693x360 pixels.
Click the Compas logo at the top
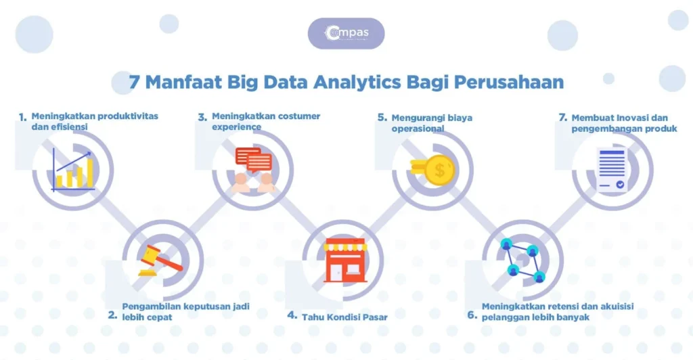[346, 33]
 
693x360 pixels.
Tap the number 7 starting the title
[134, 83]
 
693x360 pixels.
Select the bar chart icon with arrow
[74, 170]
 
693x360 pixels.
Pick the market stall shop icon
[344, 260]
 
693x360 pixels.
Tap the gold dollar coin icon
[438, 169]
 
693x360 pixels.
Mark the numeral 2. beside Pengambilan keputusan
[112, 314]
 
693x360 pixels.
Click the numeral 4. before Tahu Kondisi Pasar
[292, 315]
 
